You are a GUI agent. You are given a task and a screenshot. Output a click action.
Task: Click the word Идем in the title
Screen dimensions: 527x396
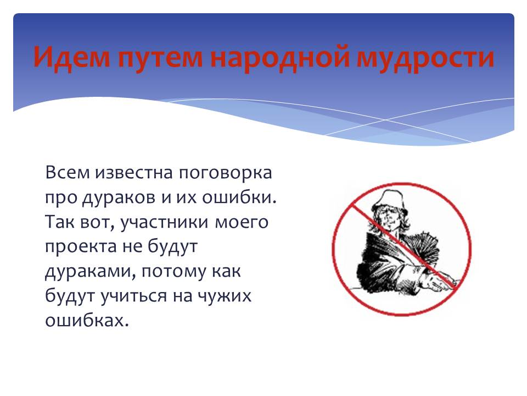[71, 57]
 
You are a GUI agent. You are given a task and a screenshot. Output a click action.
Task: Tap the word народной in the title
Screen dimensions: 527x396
[279, 57]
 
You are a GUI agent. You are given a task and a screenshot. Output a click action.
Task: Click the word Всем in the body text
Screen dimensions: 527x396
[68, 172]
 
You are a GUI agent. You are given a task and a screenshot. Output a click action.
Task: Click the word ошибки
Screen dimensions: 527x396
[239, 197]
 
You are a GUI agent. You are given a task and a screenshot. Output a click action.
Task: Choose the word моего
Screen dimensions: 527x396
[241, 222]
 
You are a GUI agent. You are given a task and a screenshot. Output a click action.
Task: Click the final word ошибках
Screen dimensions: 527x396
[87, 321]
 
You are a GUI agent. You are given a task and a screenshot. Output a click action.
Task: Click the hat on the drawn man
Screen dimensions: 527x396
[390, 201]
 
